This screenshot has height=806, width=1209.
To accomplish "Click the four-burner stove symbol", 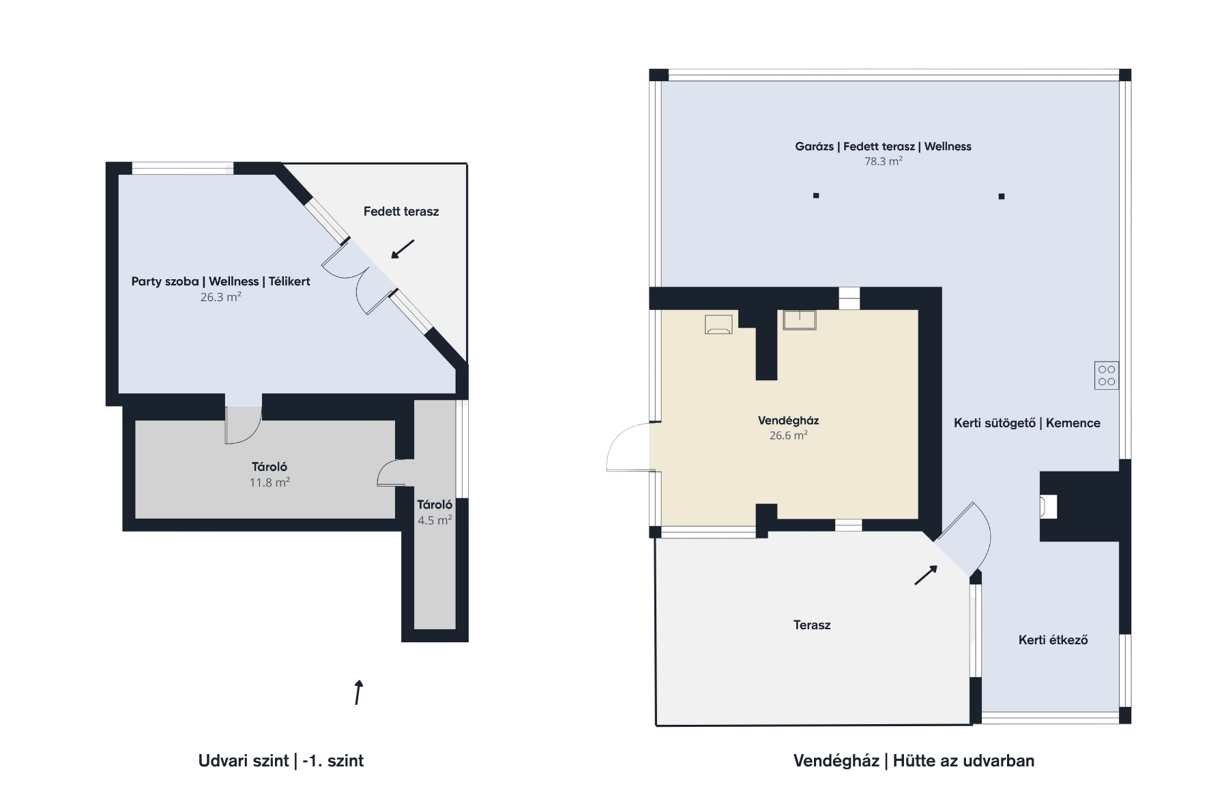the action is coord(1106,375).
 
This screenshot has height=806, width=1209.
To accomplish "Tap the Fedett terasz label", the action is coord(401,212).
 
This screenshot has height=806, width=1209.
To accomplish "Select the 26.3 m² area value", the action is coord(220,297).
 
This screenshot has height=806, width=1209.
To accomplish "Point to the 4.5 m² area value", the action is coord(435,520).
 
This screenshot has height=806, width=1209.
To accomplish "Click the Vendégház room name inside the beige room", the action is coord(788,420).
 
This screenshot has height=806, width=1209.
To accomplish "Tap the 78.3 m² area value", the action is coord(883,162).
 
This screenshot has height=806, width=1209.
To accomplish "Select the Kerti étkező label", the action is coord(1053,640).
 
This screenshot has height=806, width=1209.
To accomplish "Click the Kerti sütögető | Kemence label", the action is coord(1027,423).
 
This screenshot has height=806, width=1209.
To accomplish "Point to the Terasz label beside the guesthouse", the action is coord(812,625).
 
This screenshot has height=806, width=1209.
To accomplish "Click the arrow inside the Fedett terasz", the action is coord(403,249).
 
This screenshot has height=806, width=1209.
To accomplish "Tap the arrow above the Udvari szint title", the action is coord(358,692).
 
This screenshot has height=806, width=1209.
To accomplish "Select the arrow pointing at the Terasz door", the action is coord(926,575).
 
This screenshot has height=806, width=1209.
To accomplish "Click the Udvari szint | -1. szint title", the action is coord(281,761).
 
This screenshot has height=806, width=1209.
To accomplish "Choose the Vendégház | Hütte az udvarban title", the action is coord(914,761).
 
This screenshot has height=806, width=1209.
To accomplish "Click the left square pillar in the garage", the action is coord(816,196).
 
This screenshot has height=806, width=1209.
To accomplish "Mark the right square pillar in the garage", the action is coord(1002,197).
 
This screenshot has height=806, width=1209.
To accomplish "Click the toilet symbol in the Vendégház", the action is coord(718,324).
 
